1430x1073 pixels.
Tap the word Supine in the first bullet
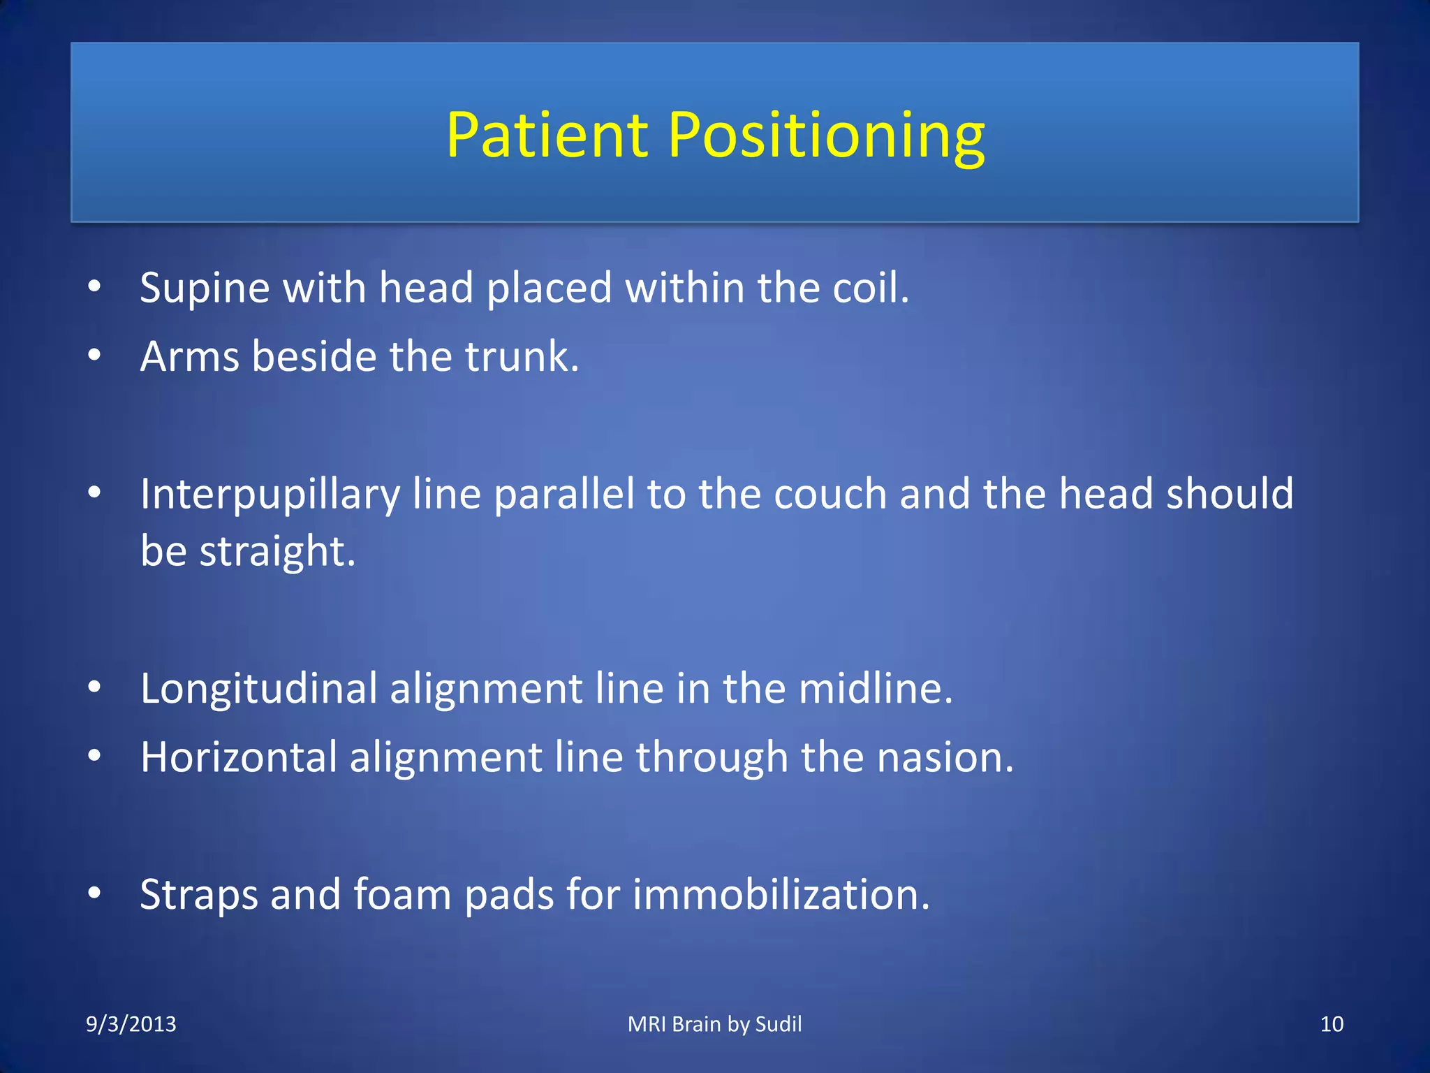(x=205, y=288)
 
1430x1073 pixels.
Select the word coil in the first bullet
(x=869, y=288)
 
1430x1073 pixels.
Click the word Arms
(x=190, y=356)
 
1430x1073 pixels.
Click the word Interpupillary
(x=270, y=495)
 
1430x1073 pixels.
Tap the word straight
(x=277, y=551)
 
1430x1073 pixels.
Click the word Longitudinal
(x=258, y=689)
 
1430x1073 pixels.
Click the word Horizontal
(x=239, y=757)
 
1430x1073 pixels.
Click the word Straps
(x=199, y=895)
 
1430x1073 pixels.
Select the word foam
(x=402, y=895)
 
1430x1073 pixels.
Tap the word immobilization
(x=781, y=895)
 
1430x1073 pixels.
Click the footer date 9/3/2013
(x=131, y=1024)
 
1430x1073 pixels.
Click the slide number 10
(x=1332, y=1024)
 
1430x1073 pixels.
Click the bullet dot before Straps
(x=95, y=893)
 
